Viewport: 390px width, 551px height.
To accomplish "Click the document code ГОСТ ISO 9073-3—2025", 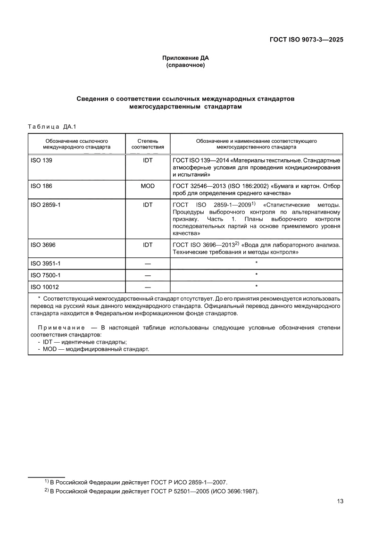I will [x=303, y=40].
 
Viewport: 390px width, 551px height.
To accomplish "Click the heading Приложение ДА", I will [x=185, y=58].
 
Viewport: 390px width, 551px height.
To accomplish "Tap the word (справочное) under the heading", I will [x=185, y=65].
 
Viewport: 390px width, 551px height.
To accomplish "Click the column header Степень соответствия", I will [x=148, y=144].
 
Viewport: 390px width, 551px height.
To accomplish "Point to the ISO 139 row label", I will [x=41, y=160].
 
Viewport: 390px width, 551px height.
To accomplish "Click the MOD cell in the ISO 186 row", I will [x=148, y=186].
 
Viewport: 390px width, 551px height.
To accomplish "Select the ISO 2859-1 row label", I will [x=45, y=205].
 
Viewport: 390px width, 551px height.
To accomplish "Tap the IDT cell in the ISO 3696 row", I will [x=148, y=245].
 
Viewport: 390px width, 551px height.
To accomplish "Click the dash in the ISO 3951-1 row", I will [x=148, y=263].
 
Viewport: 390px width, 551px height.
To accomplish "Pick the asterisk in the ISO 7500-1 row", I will [x=256, y=274].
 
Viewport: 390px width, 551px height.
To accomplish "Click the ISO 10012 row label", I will [x=44, y=287].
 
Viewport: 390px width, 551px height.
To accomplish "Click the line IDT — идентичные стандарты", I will [x=82, y=342].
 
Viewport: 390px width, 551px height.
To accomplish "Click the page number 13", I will [x=340, y=502].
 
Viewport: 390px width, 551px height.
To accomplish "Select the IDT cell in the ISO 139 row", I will [x=148, y=160].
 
